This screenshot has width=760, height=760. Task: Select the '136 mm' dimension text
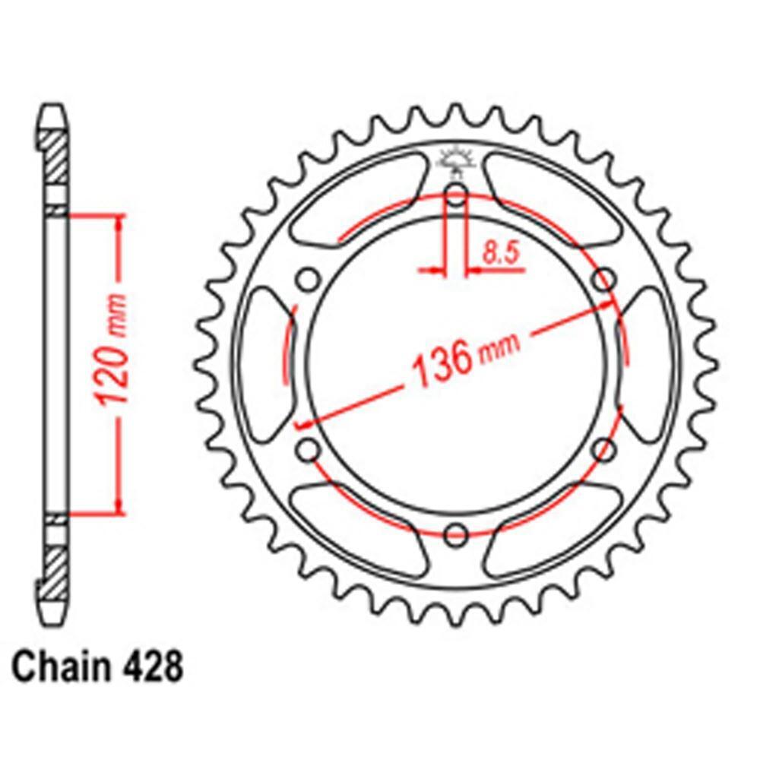464,357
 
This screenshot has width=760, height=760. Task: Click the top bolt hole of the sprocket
456,195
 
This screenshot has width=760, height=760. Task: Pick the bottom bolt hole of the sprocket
456,534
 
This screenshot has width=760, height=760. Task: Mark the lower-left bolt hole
308,450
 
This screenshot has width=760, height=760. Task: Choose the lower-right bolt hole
604,450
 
